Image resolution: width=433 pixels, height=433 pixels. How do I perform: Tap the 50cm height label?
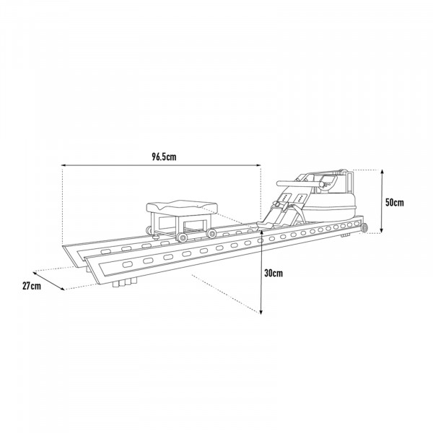pyautogui.click(x=394, y=203)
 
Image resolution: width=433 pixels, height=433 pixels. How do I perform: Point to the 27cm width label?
pyautogui.click(x=31, y=287)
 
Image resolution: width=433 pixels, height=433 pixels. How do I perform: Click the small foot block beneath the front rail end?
pyautogui.click(x=349, y=234)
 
